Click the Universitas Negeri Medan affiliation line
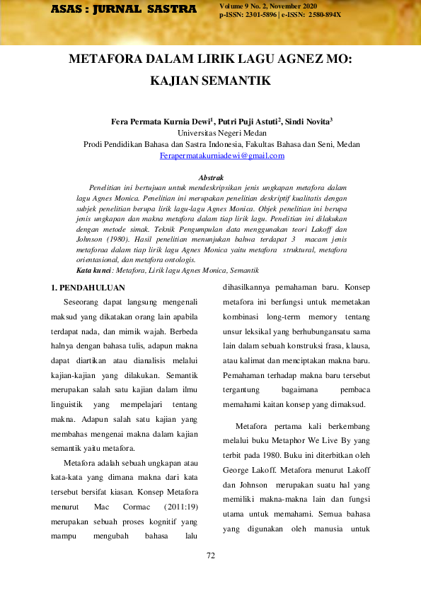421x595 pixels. click(x=211, y=133)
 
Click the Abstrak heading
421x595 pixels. click(x=211, y=177)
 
